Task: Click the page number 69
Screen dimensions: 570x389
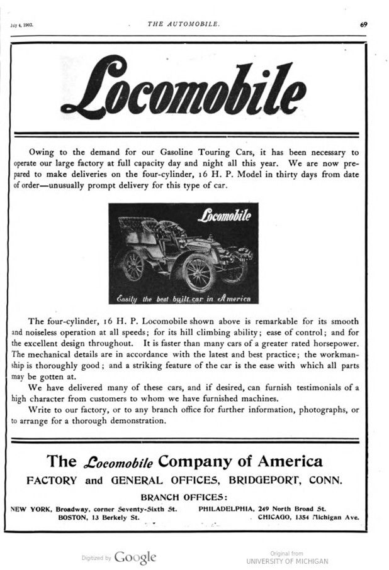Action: coord(364,25)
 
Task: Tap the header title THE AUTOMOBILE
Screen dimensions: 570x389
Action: coord(184,24)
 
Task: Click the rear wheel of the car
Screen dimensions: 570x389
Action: coord(133,265)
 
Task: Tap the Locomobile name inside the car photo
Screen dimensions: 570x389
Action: coord(225,216)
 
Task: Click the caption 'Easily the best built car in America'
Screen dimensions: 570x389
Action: coord(184,298)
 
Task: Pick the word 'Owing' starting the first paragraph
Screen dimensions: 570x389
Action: coord(42,152)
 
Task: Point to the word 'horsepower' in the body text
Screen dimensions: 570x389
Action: coord(331,343)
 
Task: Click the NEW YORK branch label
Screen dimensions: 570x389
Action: coord(31,507)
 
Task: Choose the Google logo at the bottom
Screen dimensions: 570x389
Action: coord(135,556)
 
